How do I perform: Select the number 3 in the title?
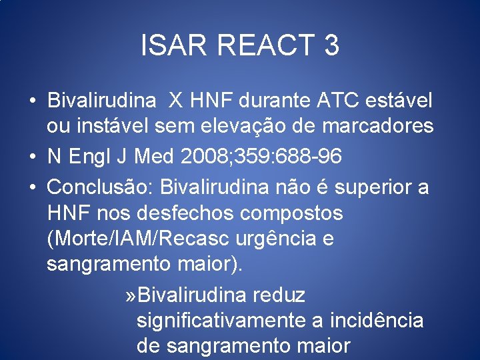coord(331,45)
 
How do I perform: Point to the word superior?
coord(373,187)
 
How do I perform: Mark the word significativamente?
coord(221,321)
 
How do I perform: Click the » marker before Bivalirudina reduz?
coord(131,294)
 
